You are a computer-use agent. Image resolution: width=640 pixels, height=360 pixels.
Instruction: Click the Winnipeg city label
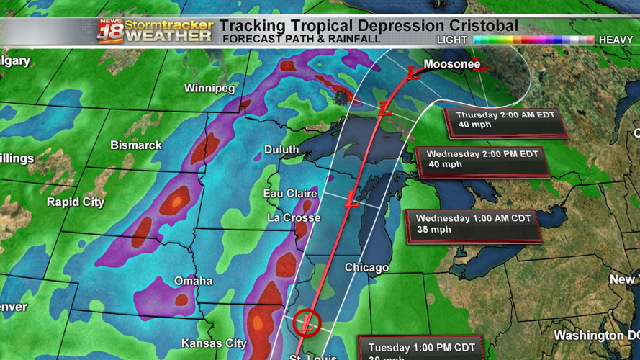[209, 89]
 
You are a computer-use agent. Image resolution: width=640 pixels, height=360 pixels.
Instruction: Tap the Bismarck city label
[136, 145]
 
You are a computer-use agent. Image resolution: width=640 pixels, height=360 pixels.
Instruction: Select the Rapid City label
[76, 202]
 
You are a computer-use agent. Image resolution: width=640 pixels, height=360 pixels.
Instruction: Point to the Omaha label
[193, 281]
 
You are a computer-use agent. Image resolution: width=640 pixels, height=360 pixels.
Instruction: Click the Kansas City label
[214, 343]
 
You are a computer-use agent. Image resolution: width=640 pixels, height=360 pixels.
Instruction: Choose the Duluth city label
[281, 150]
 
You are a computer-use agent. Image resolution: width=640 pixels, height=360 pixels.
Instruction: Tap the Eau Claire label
[291, 194]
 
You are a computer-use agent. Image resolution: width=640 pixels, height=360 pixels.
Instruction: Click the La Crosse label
[294, 217]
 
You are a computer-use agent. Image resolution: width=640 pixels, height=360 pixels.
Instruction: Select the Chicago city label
[366, 268]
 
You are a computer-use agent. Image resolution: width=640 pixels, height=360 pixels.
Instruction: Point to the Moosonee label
[452, 65]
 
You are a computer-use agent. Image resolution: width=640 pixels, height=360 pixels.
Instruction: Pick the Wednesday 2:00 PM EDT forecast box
[482, 159]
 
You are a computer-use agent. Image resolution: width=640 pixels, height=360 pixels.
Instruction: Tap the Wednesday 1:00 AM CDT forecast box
[473, 224]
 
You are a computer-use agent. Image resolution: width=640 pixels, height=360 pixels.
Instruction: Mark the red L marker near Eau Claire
[351, 199]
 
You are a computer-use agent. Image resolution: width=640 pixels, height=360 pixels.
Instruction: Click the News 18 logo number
[110, 32]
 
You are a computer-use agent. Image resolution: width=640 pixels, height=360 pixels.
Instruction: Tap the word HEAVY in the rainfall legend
[616, 40]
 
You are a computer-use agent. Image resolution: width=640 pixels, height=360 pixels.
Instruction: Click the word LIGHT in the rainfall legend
[451, 40]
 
